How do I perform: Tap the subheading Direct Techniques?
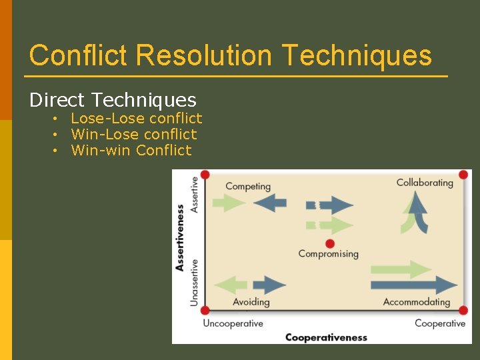(113, 100)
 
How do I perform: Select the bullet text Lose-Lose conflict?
(136, 119)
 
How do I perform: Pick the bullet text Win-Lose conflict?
(133, 135)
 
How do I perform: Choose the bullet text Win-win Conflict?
(131, 151)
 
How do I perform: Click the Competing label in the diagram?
(248, 187)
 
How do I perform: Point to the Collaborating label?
(425, 182)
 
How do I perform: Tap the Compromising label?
(328, 253)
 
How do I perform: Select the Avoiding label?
(251, 302)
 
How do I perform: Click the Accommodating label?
(417, 302)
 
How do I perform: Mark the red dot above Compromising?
(329, 243)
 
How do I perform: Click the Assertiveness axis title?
(180, 237)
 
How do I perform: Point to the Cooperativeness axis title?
(326, 337)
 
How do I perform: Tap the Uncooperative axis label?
(233, 323)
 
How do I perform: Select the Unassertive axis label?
(195, 283)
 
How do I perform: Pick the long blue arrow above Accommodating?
(413, 285)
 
